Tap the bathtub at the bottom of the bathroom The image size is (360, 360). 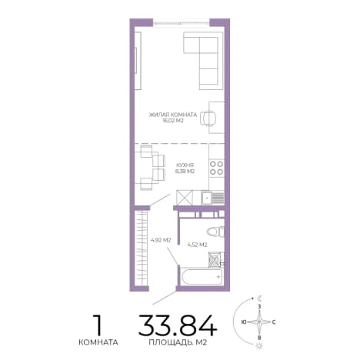[202, 276]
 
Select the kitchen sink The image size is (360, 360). [213, 198]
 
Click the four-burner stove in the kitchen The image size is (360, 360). [217, 168]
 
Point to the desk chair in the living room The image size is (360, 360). [208, 118]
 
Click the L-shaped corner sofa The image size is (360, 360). [201, 61]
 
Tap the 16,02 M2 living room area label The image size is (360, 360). [173, 121]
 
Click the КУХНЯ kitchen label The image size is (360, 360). [185, 165]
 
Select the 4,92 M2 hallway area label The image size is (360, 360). [161, 240]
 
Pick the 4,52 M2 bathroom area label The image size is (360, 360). [197, 245]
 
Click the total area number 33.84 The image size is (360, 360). [178, 325]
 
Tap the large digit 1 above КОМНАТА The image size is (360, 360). [97, 325]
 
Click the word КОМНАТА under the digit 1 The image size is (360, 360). [98, 342]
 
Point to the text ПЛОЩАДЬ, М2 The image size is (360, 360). [178, 342]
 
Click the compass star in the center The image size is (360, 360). [259, 322]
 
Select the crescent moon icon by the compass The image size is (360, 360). [260, 298]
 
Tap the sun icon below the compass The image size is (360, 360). [258, 345]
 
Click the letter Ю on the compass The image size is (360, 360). [244, 322]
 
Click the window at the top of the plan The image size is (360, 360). [182, 23]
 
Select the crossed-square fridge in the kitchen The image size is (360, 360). [185, 198]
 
